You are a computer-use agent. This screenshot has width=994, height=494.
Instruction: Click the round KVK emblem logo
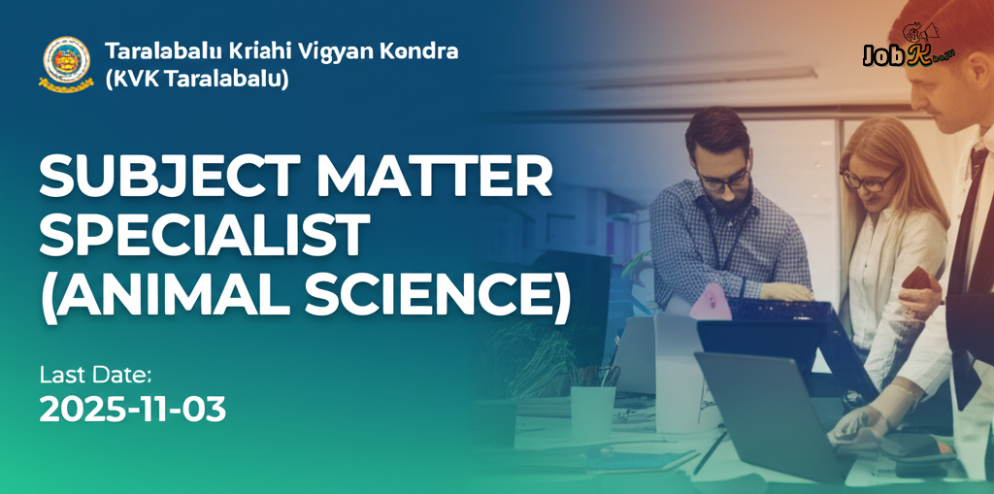[x=66, y=63]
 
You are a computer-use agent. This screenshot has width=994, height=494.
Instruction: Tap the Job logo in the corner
[x=909, y=53]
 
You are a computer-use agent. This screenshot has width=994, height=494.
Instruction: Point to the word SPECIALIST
[x=204, y=236]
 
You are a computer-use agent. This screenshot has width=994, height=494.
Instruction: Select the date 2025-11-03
[x=133, y=410]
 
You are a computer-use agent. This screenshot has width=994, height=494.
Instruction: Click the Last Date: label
[x=96, y=375]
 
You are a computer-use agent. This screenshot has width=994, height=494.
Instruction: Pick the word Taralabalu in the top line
[x=150, y=50]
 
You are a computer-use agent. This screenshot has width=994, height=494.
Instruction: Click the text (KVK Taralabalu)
[x=196, y=80]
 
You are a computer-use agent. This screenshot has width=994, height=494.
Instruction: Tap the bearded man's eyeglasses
[x=724, y=179]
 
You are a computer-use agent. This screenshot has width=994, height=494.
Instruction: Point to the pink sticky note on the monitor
[x=711, y=302]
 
